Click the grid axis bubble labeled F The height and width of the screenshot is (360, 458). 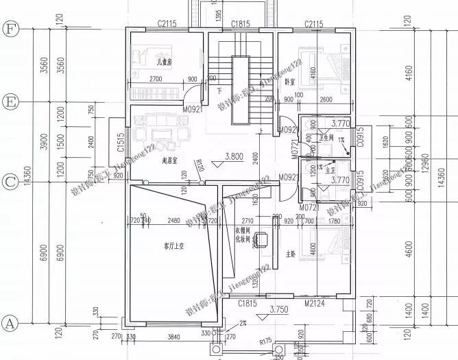coord(10,29)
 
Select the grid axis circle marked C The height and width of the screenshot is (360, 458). coord(10,182)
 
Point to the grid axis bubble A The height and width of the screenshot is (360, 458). coord(10,322)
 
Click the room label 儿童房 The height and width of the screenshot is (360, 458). coord(165,62)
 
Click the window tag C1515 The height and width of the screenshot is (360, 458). coord(121,143)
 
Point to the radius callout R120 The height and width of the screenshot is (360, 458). coord(200,165)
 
